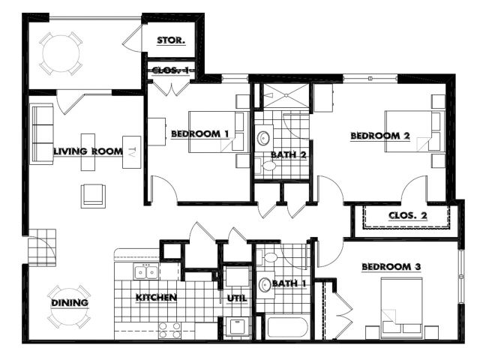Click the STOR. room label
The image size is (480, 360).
(x=171, y=40)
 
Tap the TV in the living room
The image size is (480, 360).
(x=132, y=152)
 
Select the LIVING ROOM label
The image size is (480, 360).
(x=88, y=151)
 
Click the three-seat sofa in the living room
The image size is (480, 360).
(x=42, y=134)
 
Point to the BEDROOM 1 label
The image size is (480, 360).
(x=200, y=133)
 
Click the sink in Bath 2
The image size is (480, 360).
(x=263, y=138)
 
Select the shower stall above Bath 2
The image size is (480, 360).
(x=286, y=95)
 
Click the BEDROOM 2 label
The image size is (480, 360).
(x=380, y=136)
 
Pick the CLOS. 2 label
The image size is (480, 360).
(x=408, y=215)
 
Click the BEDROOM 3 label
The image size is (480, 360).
(x=391, y=267)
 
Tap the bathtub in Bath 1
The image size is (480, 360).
(x=287, y=328)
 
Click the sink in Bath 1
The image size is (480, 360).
(x=265, y=285)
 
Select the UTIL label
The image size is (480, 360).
(x=237, y=298)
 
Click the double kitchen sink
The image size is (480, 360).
(x=146, y=271)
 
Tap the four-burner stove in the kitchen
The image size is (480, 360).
(x=170, y=331)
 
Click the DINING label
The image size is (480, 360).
(x=70, y=303)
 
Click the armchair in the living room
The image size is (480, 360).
(x=93, y=196)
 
